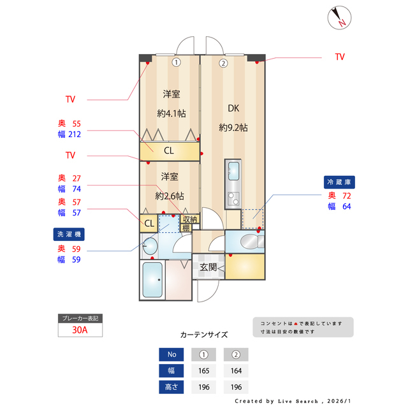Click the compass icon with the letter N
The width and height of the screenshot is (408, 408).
[338, 17]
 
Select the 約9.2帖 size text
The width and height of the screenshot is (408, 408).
[233, 127]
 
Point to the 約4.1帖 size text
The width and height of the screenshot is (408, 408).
[171, 113]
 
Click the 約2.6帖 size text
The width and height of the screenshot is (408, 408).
[170, 196]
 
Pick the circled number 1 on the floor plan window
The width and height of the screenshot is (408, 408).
[177, 62]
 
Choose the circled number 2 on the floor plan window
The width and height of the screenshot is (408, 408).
[223, 63]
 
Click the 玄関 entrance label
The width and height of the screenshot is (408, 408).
[208, 267]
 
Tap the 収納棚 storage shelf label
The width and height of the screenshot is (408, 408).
[190, 223]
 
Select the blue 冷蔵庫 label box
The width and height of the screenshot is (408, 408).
[339, 182]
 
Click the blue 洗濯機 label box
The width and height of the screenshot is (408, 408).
[71, 235]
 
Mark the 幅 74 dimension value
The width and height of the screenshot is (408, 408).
[70, 189]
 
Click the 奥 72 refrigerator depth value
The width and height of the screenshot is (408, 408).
[339, 196]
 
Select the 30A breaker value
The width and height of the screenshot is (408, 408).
[80, 330]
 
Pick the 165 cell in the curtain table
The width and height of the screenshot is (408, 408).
[204, 370]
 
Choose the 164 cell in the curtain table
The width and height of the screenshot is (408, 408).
[235, 370]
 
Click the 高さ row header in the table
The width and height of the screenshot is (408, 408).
[171, 386]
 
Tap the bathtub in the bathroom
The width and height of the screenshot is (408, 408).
[152, 280]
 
